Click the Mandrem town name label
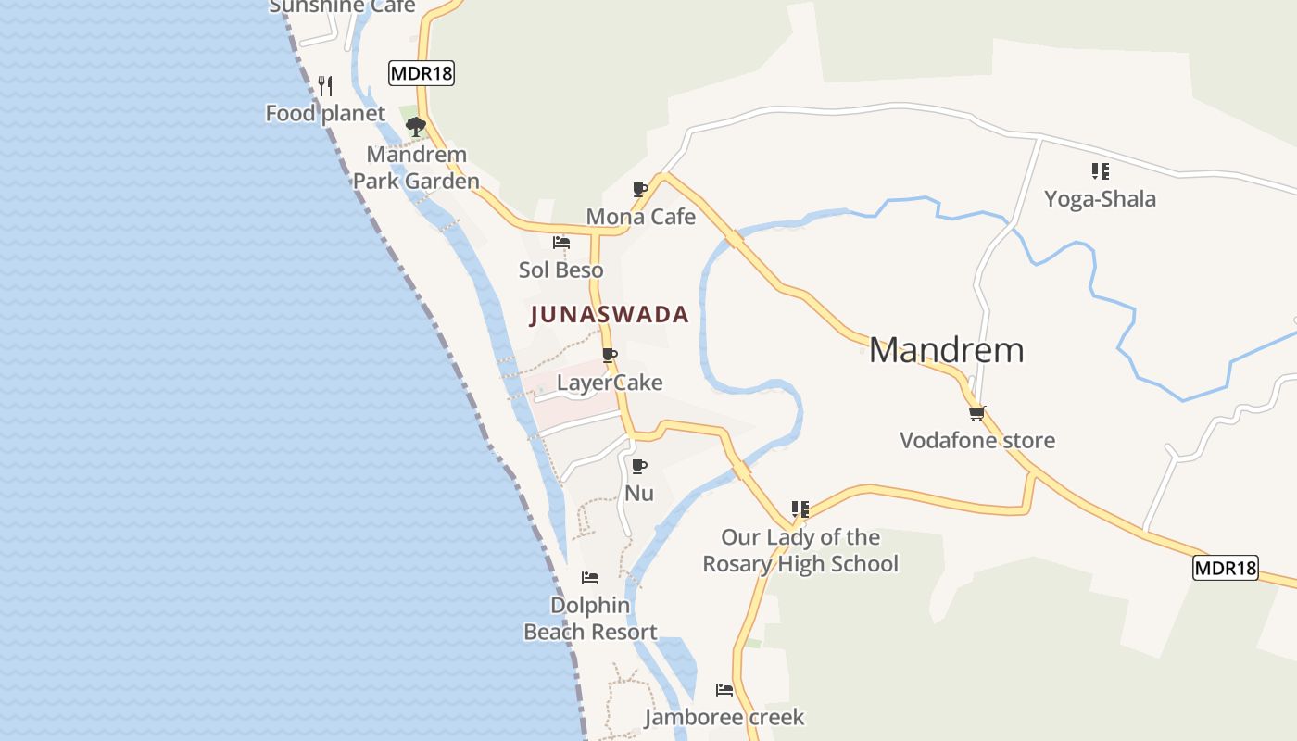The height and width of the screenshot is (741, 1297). pyautogui.click(x=946, y=350)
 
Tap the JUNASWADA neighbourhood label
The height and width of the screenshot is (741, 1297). pyautogui.click(x=610, y=315)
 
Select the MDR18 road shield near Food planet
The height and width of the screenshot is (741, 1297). pyautogui.click(x=422, y=73)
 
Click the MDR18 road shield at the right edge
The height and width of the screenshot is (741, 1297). pyautogui.click(x=1225, y=568)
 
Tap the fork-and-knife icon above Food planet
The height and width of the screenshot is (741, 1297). pyautogui.click(x=325, y=86)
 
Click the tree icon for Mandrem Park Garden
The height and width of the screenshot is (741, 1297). pyautogui.click(x=416, y=126)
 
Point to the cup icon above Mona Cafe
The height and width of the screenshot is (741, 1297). pyautogui.click(x=639, y=189)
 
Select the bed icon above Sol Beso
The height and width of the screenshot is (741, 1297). pyautogui.click(x=560, y=243)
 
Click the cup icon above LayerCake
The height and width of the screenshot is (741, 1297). pyautogui.click(x=609, y=355)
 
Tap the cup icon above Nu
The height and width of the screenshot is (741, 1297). pyautogui.click(x=638, y=466)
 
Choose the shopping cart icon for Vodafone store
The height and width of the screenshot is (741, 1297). pyautogui.click(x=976, y=413)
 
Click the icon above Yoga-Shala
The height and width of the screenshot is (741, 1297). pyautogui.click(x=1100, y=170)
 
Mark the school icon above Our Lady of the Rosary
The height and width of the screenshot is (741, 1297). pyautogui.click(x=800, y=509)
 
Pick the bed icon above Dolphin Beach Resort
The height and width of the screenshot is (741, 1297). pyautogui.click(x=590, y=578)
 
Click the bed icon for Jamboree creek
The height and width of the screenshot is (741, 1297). pyautogui.click(x=724, y=690)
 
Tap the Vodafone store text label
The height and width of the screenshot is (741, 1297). pyautogui.click(x=977, y=440)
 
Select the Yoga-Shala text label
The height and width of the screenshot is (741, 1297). pyautogui.click(x=1100, y=199)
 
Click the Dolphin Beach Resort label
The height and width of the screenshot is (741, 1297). pyautogui.click(x=590, y=619)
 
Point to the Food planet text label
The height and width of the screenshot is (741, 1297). pyautogui.click(x=325, y=114)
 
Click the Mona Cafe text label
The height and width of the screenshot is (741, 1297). pyautogui.click(x=640, y=217)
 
